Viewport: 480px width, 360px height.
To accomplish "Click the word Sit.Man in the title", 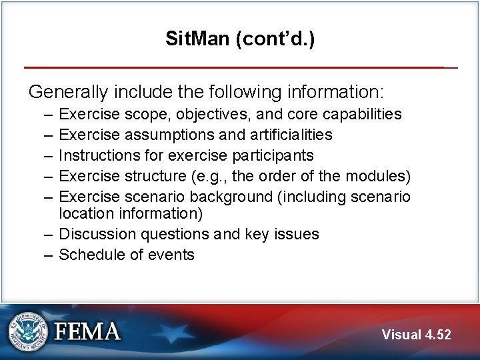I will [x=197, y=39].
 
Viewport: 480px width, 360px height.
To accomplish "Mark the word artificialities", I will [x=291, y=135].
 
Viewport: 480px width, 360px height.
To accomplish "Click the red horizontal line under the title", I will [x=233, y=67].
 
